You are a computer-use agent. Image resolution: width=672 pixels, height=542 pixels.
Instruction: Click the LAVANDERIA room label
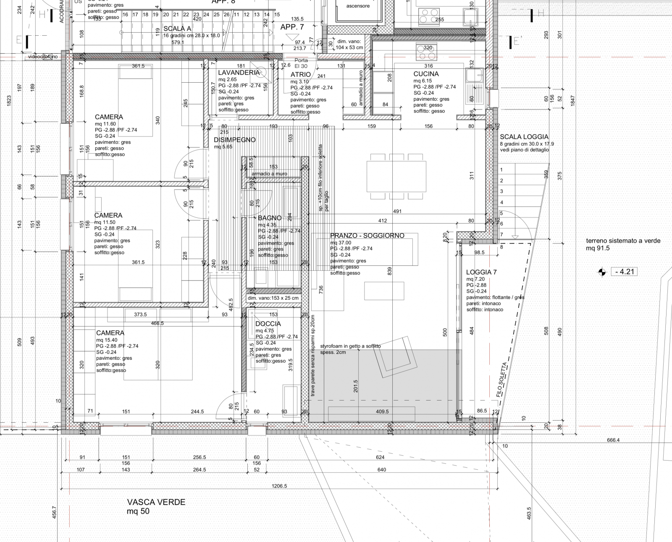point(239,73)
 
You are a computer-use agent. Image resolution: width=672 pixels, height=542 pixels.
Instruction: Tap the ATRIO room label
point(301,75)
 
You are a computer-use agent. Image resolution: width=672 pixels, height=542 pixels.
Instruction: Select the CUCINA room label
point(426,74)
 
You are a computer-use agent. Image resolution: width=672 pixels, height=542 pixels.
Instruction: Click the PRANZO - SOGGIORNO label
point(367,236)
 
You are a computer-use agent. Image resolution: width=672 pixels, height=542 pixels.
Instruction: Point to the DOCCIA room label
point(268,324)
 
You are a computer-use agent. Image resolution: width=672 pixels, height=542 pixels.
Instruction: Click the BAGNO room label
point(270,218)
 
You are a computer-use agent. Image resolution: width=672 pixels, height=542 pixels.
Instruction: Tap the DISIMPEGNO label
point(235,140)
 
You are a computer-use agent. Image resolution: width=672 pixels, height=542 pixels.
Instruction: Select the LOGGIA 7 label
point(481,272)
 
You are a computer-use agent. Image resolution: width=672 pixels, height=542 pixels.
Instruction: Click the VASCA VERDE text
point(156,502)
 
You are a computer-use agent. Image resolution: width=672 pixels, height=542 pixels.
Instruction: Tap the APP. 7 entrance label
point(292,27)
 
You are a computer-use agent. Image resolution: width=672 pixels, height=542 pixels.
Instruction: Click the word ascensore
point(358,6)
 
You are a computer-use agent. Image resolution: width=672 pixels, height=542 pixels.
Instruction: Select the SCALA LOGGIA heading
point(524,137)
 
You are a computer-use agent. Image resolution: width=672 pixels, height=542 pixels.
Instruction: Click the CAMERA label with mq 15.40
point(110,333)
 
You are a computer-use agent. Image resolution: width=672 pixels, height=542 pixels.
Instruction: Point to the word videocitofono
point(43,56)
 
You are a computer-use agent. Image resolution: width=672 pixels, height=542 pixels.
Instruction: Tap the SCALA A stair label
point(177,29)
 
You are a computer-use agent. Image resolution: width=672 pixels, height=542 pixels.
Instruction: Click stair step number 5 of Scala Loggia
point(501,213)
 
